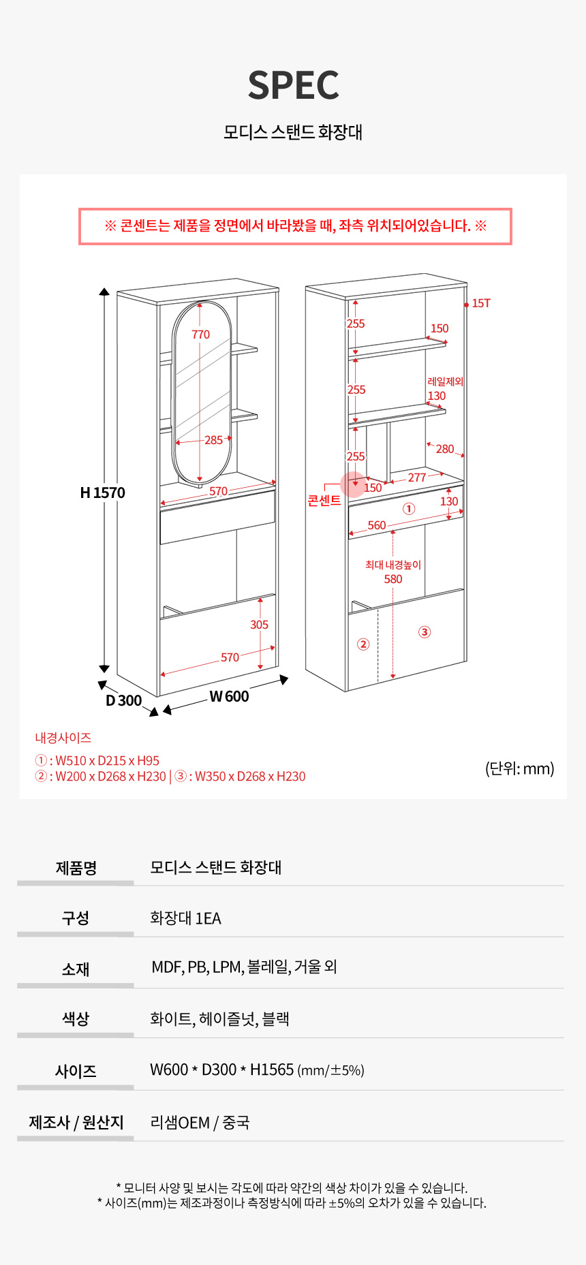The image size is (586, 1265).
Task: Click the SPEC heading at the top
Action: click(x=293, y=85)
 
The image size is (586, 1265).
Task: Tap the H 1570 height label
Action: click(x=103, y=493)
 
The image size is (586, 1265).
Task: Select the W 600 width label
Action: click(x=229, y=696)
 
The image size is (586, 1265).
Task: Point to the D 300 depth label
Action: click(x=123, y=700)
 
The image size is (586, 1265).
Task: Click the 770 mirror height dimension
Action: click(x=200, y=334)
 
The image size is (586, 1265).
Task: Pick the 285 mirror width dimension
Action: click(x=213, y=440)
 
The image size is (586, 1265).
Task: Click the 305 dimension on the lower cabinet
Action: click(x=259, y=625)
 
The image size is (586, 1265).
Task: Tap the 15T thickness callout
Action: click(x=481, y=303)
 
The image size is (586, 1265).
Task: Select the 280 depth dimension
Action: click(x=444, y=449)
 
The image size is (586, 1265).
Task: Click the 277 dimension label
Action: click(x=417, y=478)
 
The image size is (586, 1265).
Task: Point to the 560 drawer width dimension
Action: click(x=377, y=525)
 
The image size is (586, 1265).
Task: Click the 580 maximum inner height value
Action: click(x=393, y=579)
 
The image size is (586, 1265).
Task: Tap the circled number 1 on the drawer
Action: click(x=409, y=509)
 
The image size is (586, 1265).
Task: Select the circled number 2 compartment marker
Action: click(x=363, y=644)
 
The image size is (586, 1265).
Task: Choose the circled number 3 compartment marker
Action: click(x=425, y=632)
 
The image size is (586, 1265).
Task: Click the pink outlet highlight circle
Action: click(x=353, y=484)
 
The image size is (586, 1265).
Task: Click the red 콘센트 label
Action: click(x=324, y=501)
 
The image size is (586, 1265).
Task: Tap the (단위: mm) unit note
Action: click(x=520, y=768)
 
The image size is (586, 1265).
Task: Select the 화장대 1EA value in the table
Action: click(x=185, y=918)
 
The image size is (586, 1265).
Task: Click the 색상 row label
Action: click(x=76, y=1019)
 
